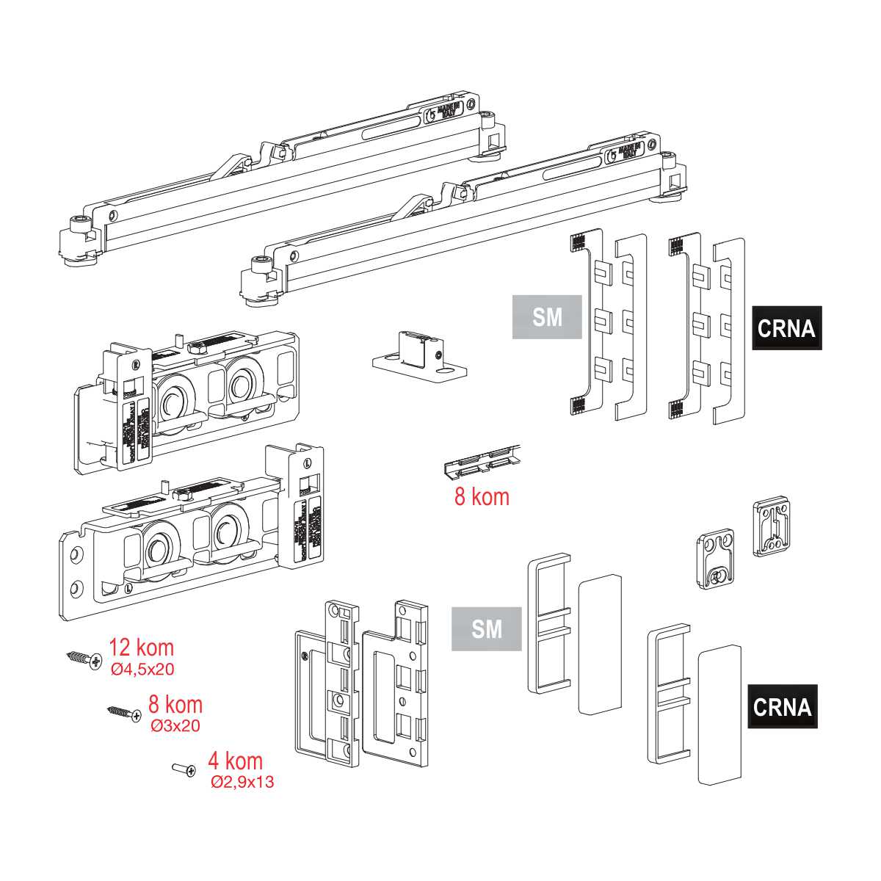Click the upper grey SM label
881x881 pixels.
[547, 317]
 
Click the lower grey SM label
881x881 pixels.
[487, 629]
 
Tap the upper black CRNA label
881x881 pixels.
[786, 328]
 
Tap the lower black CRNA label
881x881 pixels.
[783, 707]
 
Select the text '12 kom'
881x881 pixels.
[142, 648]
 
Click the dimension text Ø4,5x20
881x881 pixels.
[142, 670]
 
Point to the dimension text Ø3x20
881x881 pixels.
[175, 726]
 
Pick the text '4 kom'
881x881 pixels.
[235, 761]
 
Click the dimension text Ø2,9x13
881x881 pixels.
[242, 783]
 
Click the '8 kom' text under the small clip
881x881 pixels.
[482, 497]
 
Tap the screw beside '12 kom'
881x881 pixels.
[84, 659]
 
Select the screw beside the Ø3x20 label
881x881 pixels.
[124, 713]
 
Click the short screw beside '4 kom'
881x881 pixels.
[184, 769]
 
